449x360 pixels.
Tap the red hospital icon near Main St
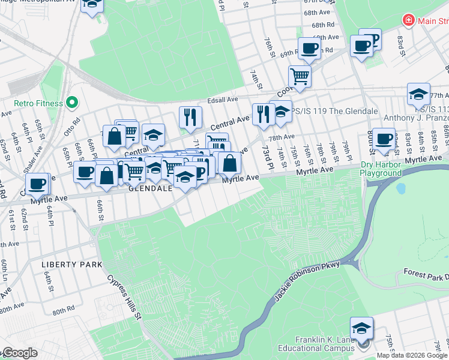click(x=409, y=20)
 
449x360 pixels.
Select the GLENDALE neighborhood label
click(x=151, y=188)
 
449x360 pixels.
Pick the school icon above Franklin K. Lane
click(x=362, y=328)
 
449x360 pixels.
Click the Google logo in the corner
click(x=19, y=353)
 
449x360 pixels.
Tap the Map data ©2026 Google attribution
click(x=412, y=355)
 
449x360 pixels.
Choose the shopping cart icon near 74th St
click(x=299, y=76)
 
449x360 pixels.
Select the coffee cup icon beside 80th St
click(x=383, y=139)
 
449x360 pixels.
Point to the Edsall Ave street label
click(x=223, y=100)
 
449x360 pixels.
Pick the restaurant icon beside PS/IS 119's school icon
click(x=263, y=113)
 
